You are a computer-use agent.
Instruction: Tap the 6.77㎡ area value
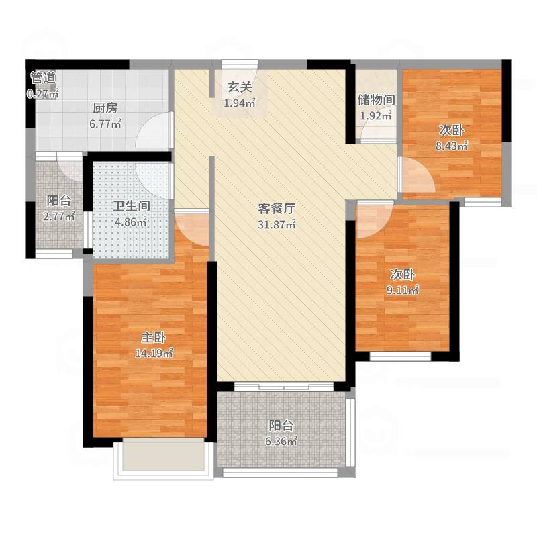point(106,123)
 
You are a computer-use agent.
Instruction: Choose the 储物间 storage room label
point(375,100)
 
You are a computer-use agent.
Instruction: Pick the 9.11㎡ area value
point(404,290)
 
